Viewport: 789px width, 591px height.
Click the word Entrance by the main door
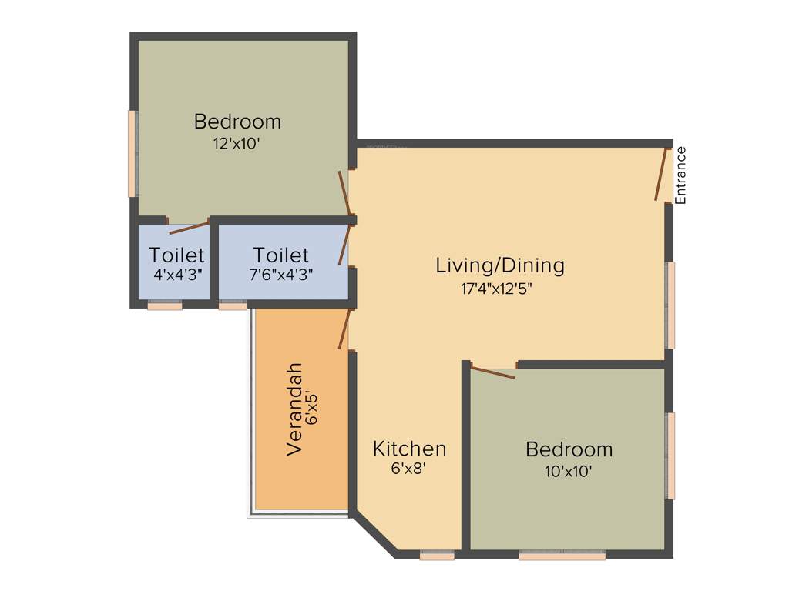(x=680, y=175)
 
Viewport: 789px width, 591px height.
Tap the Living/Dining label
(x=500, y=265)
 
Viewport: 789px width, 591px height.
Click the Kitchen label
(x=409, y=449)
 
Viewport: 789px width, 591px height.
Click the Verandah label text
(x=294, y=409)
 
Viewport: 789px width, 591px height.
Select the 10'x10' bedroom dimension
(x=569, y=471)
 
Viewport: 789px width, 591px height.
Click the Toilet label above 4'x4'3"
(x=176, y=255)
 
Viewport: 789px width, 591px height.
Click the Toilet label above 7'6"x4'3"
(x=280, y=255)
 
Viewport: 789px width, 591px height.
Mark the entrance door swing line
(x=660, y=175)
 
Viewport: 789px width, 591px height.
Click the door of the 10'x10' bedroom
(x=493, y=373)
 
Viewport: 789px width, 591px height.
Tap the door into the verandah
(x=344, y=329)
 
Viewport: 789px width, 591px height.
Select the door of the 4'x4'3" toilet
(x=189, y=226)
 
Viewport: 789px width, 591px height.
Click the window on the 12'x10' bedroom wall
(x=132, y=153)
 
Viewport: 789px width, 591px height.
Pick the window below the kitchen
(x=437, y=556)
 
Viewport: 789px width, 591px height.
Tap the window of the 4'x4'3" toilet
(x=165, y=306)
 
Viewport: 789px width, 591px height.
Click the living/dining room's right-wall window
(x=671, y=305)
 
